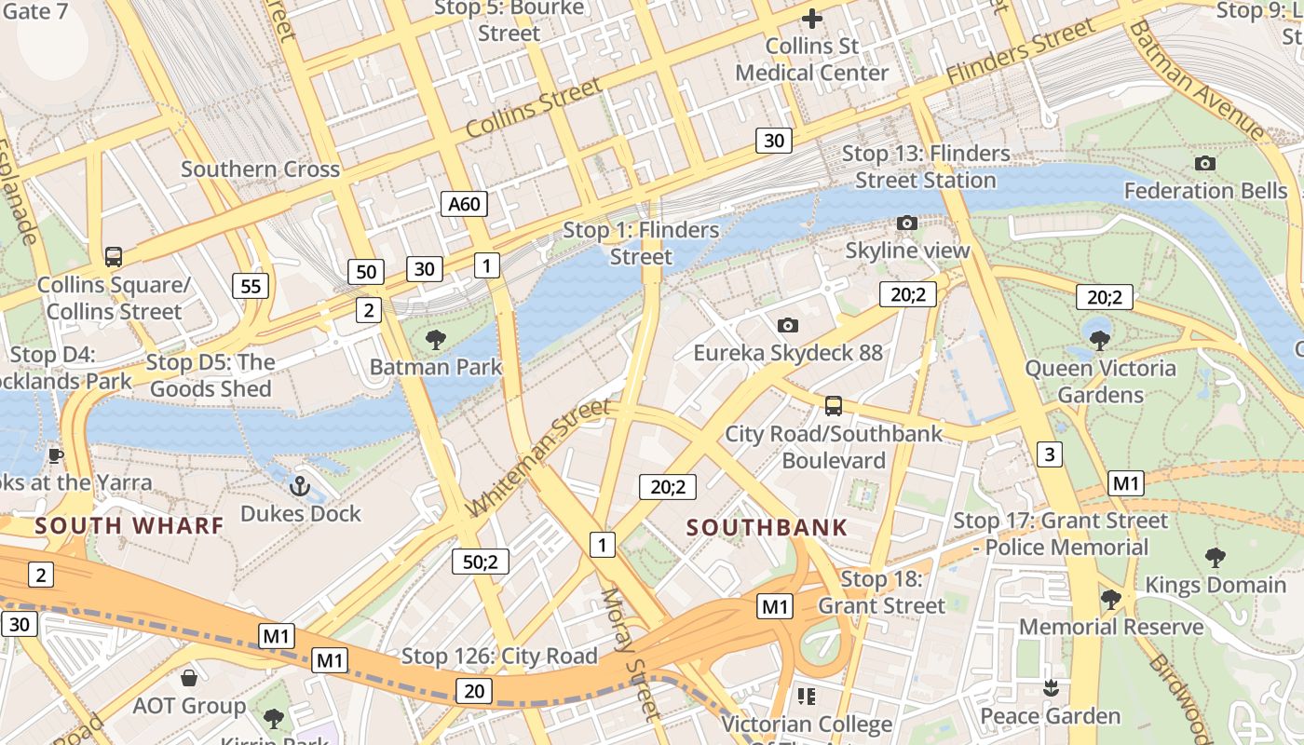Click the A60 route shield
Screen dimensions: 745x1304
pyautogui.click(x=464, y=204)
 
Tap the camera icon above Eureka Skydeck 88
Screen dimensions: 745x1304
pyautogui.click(x=788, y=325)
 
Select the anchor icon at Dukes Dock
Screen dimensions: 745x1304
pyautogui.click(x=300, y=485)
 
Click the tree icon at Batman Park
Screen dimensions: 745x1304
pyautogui.click(x=435, y=339)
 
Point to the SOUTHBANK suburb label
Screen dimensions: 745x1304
pyautogui.click(x=767, y=527)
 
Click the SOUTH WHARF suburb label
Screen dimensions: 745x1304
pyautogui.click(x=129, y=525)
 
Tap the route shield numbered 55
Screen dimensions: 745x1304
pyautogui.click(x=251, y=286)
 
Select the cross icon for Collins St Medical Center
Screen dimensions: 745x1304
pyautogui.click(x=812, y=18)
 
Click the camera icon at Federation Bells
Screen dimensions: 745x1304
pyautogui.click(x=1204, y=163)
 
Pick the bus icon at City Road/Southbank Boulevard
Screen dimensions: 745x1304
pyautogui.click(x=834, y=406)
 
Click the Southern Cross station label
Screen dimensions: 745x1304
pyautogui.click(x=260, y=169)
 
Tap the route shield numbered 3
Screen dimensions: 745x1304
pyautogui.click(x=1050, y=454)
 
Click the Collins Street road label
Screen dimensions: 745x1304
pyautogui.click(x=533, y=109)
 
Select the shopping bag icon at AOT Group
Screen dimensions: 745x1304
pyautogui.click(x=189, y=677)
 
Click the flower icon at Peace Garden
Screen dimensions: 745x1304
pyautogui.click(x=1051, y=688)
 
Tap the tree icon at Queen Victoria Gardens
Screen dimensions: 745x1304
pyautogui.click(x=1099, y=340)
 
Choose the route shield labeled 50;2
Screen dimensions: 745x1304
pyautogui.click(x=481, y=562)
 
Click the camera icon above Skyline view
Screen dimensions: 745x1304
pyautogui.click(x=906, y=223)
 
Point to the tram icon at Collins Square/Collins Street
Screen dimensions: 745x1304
pyautogui.click(x=114, y=256)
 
